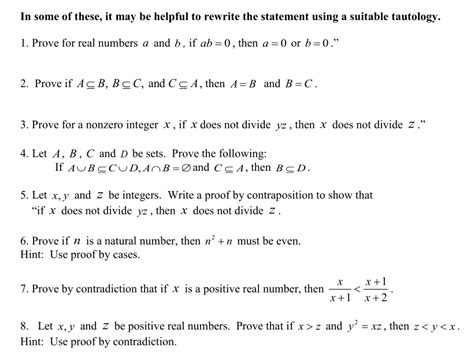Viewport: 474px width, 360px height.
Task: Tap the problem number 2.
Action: click(23, 85)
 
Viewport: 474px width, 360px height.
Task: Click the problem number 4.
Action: click(23, 154)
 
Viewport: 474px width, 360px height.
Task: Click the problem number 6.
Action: click(23, 240)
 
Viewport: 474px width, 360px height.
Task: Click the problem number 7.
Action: click(23, 289)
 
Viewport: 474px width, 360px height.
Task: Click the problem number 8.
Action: click(23, 327)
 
